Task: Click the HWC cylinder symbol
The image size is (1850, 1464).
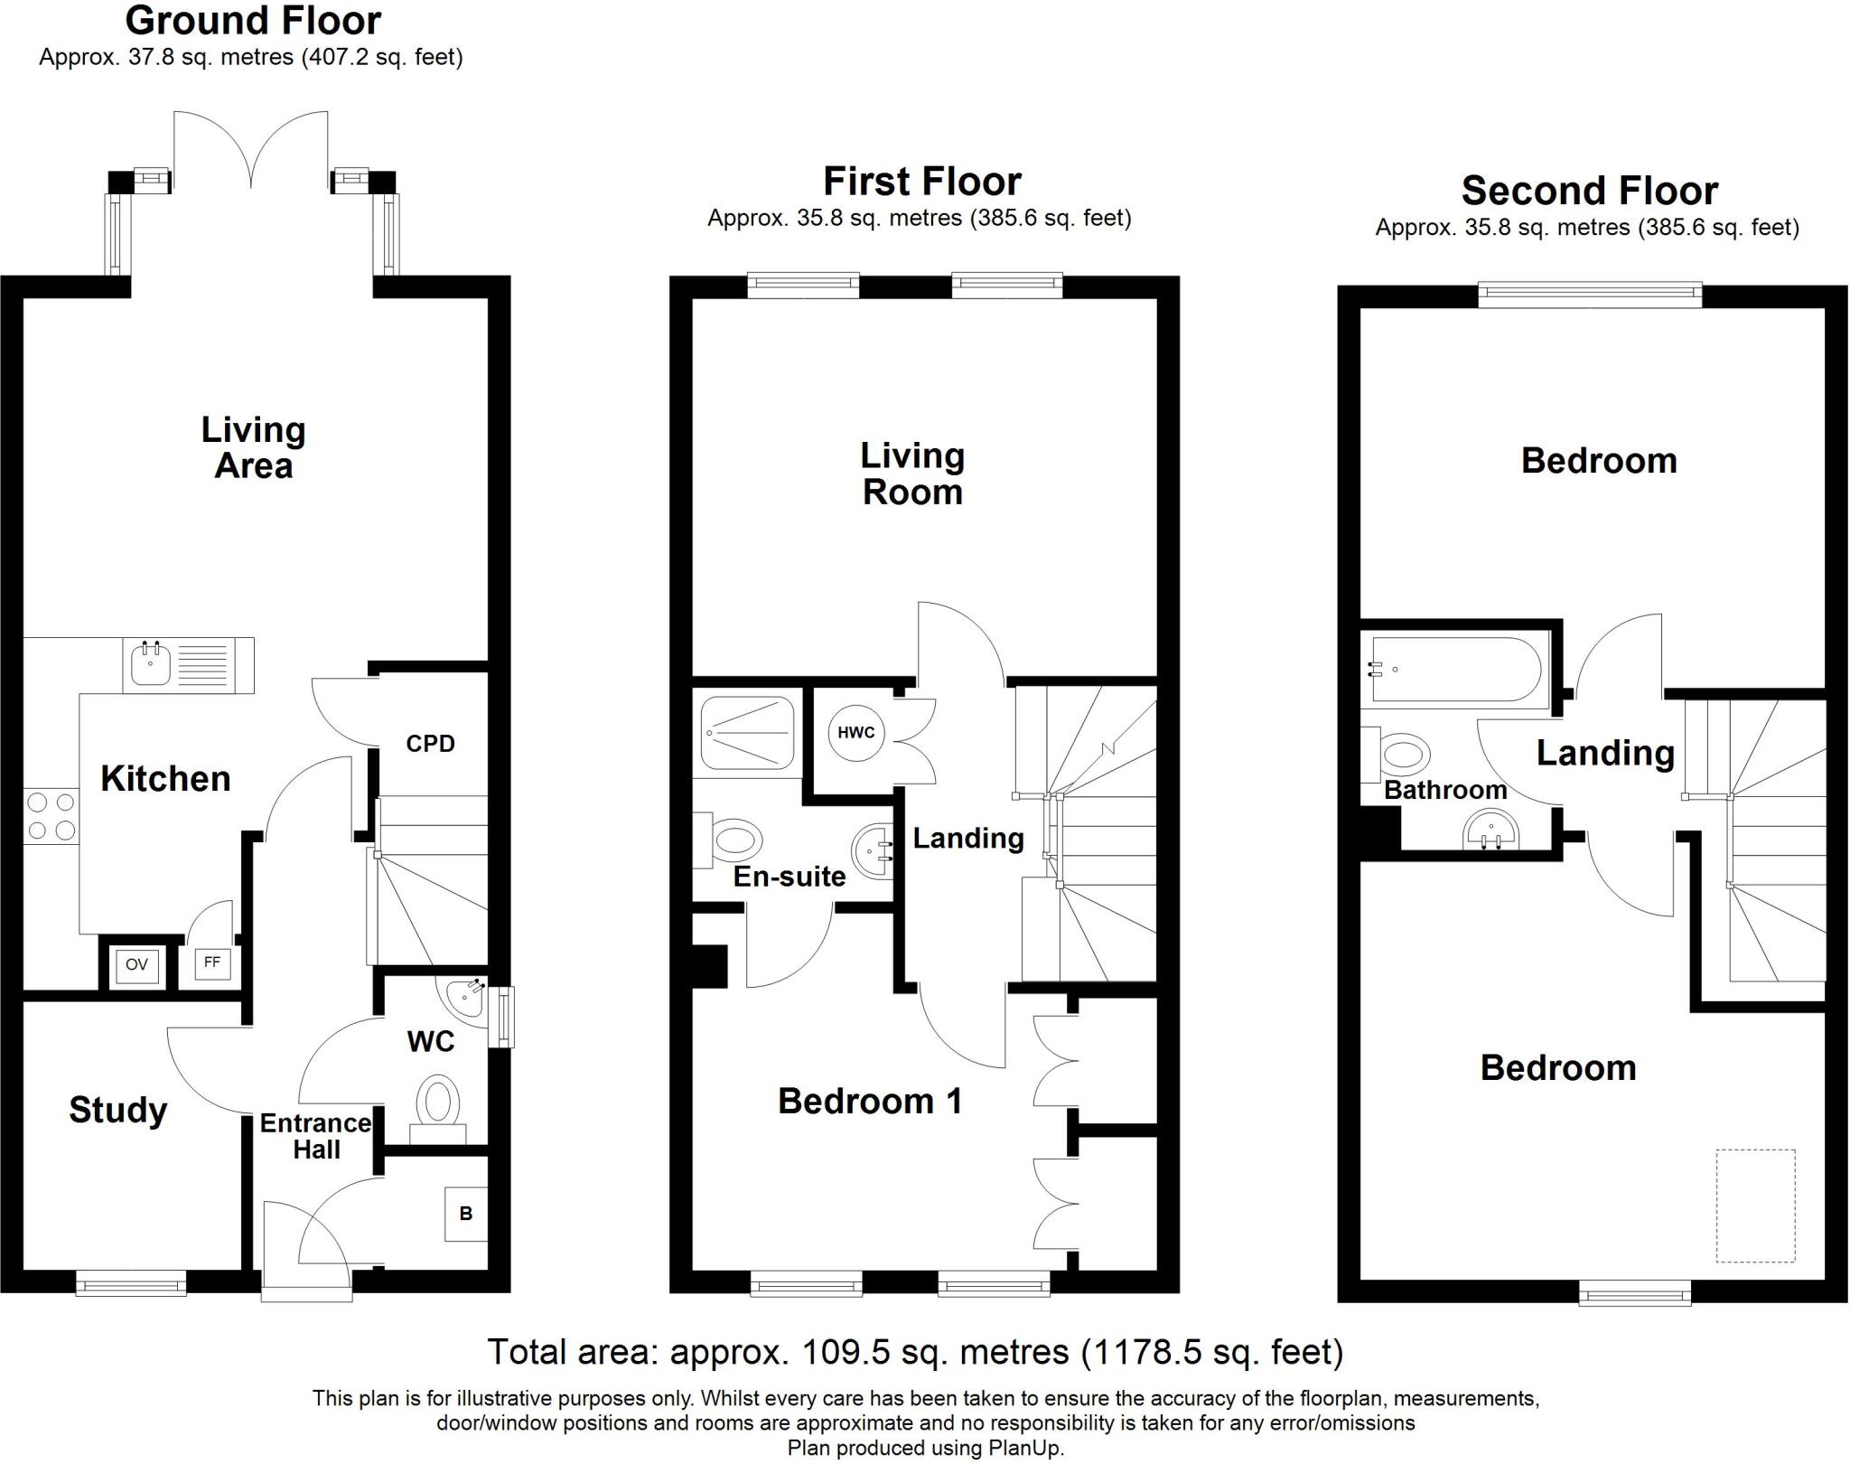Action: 855,732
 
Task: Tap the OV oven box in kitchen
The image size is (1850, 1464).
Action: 136,965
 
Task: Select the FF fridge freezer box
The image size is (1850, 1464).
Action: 211,963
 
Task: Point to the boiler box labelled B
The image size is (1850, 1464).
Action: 466,1214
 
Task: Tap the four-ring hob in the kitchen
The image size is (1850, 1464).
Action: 51,816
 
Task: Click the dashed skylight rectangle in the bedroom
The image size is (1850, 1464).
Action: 1755,1206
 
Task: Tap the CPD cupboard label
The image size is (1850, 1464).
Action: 430,744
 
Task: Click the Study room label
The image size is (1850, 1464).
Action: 118,1110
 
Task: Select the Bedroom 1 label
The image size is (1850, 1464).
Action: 869,1101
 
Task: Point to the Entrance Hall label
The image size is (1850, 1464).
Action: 315,1136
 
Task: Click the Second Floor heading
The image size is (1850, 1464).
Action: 1589,192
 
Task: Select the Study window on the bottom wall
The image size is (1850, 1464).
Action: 131,1283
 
